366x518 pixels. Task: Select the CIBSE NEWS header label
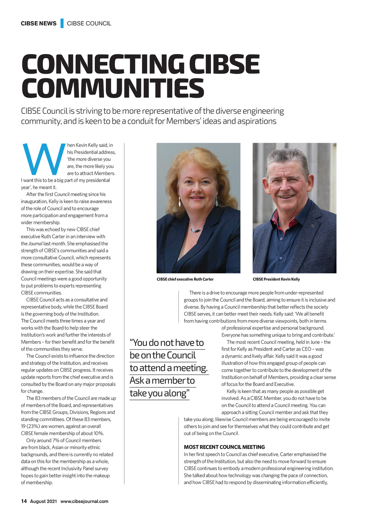[39, 24]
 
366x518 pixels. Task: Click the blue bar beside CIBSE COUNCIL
[62, 23]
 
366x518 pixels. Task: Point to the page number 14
[24, 501]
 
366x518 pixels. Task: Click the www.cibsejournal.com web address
[84, 501]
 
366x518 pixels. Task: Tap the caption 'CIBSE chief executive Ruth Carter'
[185, 279]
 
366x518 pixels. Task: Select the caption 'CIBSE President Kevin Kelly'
[276, 279]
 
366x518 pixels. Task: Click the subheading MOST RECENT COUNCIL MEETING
[224, 447]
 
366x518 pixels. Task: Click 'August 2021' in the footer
[43, 501]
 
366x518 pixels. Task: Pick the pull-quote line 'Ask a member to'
[162, 381]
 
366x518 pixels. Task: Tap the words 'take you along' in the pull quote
[158, 394]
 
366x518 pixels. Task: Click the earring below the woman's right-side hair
[217, 202]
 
